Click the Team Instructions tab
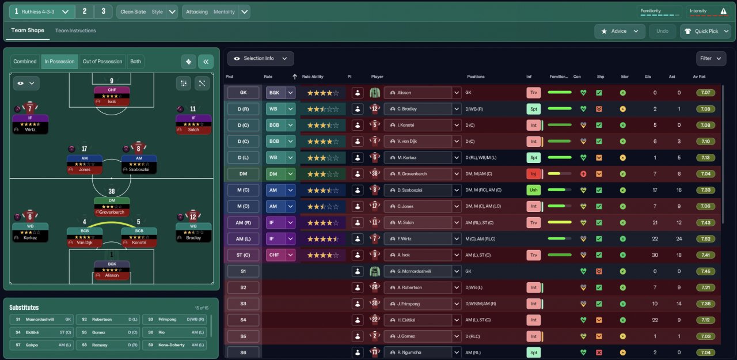click(x=75, y=31)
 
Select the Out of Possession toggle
click(x=102, y=62)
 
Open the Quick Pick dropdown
click(x=705, y=31)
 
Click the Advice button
click(x=619, y=31)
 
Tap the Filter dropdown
click(x=709, y=58)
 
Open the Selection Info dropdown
click(x=260, y=58)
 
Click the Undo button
click(x=663, y=31)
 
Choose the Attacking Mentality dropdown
click(x=216, y=12)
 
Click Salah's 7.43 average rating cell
click(x=705, y=222)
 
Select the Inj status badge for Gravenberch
click(x=533, y=173)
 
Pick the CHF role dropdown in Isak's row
click(x=280, y=255)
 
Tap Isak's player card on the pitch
click(x=112, y=96)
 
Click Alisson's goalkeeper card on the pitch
click(x=112, y=270)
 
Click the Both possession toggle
click(x=135, y=62)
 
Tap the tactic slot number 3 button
click(x=103, y=12)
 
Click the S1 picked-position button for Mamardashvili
click(x=243, y=271)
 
